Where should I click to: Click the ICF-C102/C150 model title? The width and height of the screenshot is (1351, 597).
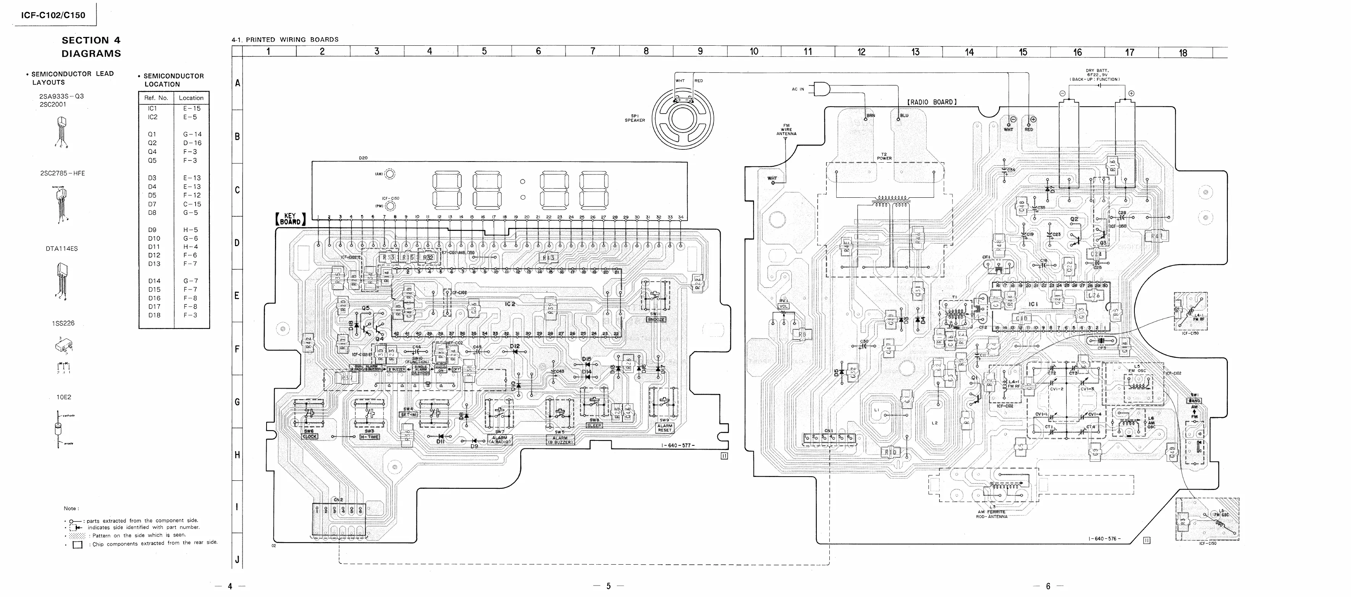coord(53,15)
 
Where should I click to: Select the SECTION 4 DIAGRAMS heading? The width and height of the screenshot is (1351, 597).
coord(91,46)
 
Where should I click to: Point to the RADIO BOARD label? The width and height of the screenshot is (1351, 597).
coord(932,102)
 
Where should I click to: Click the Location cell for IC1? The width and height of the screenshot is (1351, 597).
coord(191,109)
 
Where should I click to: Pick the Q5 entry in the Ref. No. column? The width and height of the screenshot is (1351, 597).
coord(152,160)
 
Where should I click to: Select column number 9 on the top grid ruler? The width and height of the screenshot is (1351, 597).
coord(700,51)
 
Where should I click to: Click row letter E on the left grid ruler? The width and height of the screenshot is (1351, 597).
coord(237,296)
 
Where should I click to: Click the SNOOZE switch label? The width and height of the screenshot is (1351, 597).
coord(656,319)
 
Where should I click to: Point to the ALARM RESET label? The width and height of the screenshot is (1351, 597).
coord(665,428)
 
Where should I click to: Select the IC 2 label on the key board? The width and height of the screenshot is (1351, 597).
coord(510,304)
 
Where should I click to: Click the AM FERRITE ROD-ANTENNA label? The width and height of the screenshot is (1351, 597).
coord(991,514)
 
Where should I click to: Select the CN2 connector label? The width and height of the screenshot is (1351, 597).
coord(338,500)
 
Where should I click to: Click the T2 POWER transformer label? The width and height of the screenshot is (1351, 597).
coord(884,156)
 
